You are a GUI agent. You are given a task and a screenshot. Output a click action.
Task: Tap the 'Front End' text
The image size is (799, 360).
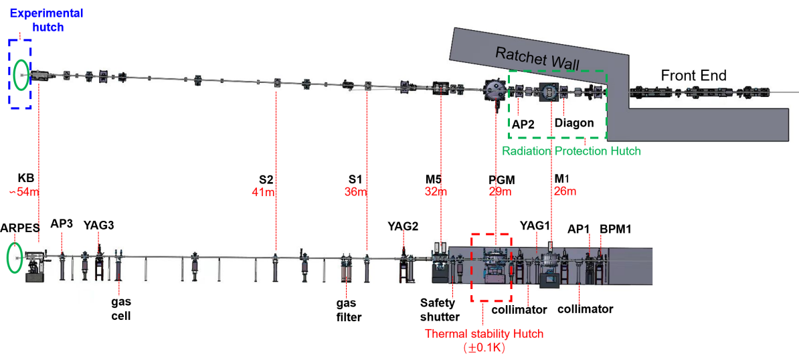693,76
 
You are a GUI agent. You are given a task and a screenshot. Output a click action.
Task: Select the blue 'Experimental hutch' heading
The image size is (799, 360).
37,20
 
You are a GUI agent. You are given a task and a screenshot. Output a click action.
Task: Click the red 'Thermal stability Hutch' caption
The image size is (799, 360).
484,334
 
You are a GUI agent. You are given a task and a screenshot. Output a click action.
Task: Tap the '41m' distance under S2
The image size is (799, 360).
263,192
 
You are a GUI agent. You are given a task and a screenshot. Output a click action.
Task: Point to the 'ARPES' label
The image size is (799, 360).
20,228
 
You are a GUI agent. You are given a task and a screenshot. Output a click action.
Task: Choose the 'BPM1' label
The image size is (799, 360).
616,229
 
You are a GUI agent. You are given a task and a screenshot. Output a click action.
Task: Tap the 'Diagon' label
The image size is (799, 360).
574,122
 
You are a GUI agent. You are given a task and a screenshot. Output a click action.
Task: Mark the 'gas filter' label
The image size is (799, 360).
349,310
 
